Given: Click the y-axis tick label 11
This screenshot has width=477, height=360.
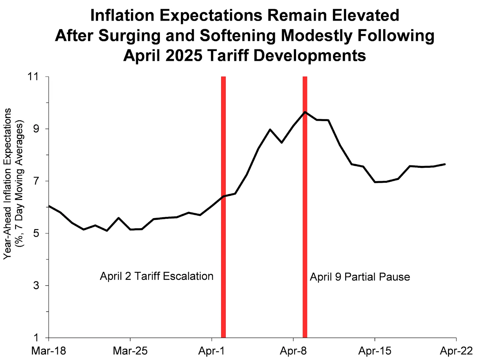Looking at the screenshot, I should click(x=33, y=77).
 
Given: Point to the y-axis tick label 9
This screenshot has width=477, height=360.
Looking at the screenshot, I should click(x=36, y=129).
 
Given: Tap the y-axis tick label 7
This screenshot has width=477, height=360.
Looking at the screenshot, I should click(x=36, y=181).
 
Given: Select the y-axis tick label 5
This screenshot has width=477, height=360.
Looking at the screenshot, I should click(x=36, y=233).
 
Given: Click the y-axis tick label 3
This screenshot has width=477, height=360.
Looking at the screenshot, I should click(x=36, y=285).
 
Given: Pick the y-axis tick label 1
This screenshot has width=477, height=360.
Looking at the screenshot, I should click(x=36, y=338).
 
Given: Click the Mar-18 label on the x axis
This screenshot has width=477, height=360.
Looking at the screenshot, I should click(x=49, y=351).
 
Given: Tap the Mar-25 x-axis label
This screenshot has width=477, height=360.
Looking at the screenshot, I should click(x=130, y=351).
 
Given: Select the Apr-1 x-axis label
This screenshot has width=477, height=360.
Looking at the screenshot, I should click(x=211, y=351).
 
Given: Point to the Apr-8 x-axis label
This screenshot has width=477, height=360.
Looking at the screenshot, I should click(x=293, y=351).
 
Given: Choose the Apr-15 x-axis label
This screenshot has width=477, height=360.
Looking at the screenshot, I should click(x=374, y=351).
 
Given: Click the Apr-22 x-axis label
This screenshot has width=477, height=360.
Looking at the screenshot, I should click(x=456, y=351).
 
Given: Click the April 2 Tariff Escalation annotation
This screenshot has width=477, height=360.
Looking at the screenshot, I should click(x=157, y=276).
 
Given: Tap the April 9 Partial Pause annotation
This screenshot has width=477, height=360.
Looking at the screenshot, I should click(x=360, y=277).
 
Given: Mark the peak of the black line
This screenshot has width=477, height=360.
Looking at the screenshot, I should click(x=305, y=112).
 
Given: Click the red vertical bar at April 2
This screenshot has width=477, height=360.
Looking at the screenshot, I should click(x=223, y=238).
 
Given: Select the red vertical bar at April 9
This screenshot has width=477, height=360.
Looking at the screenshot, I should click(x=305, y=238).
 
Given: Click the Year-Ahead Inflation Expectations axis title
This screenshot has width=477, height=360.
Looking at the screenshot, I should click(x=7, y=184).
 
